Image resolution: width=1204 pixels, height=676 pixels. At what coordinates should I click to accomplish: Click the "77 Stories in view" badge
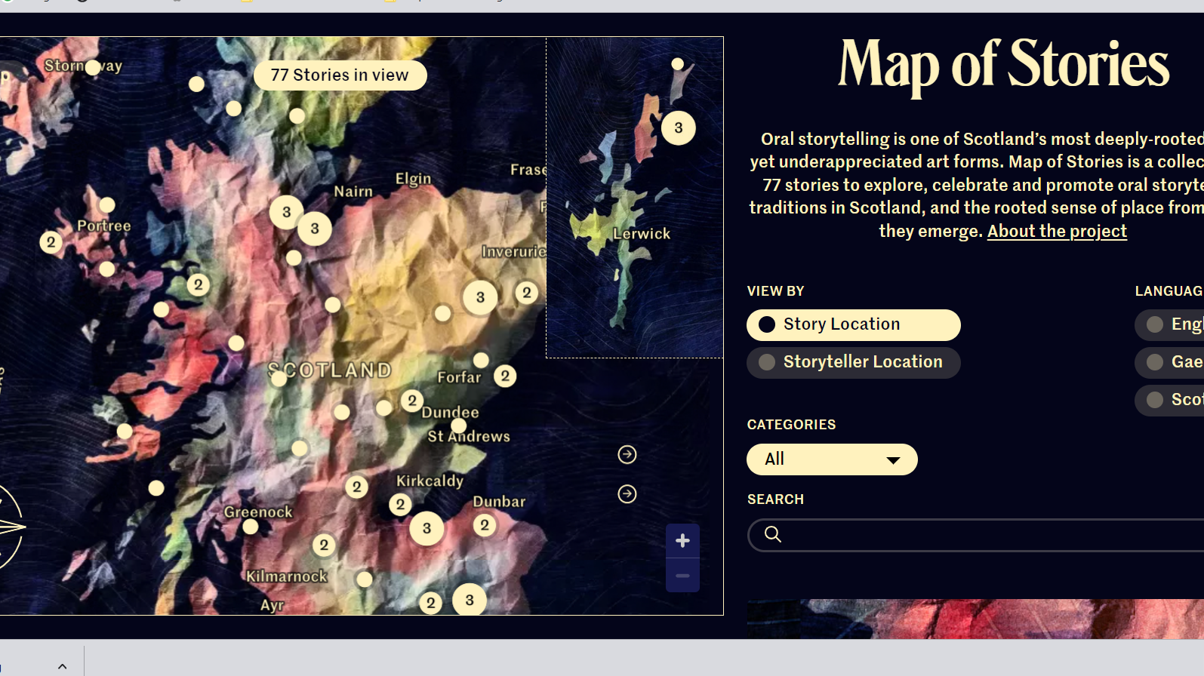click(x=340, y=75)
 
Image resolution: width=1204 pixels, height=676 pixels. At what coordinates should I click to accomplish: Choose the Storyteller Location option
click(x=853, y=362)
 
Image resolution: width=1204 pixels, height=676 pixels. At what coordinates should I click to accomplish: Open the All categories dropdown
click(x=832, y=459)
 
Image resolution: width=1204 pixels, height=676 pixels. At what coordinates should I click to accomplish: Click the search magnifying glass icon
click(x=772, y=534)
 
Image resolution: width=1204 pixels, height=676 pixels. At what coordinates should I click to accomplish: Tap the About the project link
click(x=1057, y=231)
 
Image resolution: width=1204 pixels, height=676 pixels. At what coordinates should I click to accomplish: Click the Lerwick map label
click(x=642, y=234)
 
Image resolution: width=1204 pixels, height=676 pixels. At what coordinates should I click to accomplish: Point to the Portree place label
click(x=104, y=226)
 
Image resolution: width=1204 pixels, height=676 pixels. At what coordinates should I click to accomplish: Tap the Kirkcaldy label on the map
click(x=430, y=481)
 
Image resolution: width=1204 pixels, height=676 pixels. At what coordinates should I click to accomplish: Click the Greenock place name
click(x=258, y=512)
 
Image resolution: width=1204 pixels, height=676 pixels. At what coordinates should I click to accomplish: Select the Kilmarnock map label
click(x=287, y=576)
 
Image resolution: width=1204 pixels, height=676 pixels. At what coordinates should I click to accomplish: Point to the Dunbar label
click(x=499, y=502)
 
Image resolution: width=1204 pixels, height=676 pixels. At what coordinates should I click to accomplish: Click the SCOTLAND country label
click(x=331, y=370)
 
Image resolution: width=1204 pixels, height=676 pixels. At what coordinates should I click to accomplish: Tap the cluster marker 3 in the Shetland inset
click(x=679, y=128)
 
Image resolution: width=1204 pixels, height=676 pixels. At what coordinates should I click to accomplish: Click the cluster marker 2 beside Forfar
click(x=505, y=376)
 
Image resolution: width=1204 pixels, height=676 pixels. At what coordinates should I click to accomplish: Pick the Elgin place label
click(x=414, y=179)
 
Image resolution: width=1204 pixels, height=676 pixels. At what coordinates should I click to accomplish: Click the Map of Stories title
click(x=1003, y=65)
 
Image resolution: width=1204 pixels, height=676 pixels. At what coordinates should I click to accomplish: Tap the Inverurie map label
click(x=514, y=251)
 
